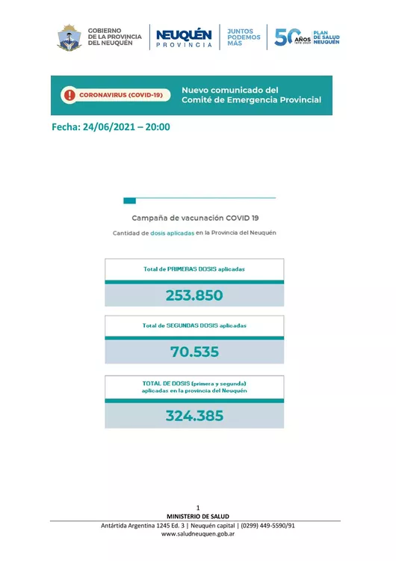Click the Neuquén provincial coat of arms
tap(69, 37)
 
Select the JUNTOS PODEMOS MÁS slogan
tap(244, 37)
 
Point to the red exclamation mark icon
tap(69, 95)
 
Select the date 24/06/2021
tap(112, 126)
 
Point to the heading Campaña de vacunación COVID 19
tap(195, 218)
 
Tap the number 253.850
tap(194, 295)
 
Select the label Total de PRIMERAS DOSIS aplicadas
tap(194, 269)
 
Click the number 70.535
tap(194, 352)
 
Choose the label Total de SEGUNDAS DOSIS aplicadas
tap(194, 325)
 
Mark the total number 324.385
tap(194, 415)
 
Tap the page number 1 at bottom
tap(198, 508)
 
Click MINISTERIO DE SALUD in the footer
tap(198, 516)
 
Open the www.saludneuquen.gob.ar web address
tap(198, 535)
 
